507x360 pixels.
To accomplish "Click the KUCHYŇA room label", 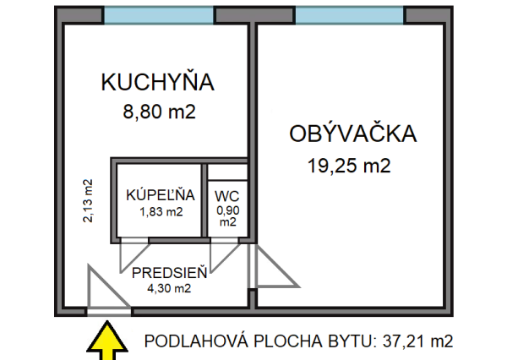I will click(158, 83).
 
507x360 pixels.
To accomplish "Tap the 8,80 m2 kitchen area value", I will click(158, 111).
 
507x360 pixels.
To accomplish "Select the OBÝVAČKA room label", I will click(353, 134).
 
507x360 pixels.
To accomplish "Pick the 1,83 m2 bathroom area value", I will click(161, 211).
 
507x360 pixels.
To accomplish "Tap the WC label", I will click(226, 197).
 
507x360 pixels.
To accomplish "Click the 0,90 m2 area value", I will click(227, 216).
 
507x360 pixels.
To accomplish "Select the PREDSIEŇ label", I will click(171, 273).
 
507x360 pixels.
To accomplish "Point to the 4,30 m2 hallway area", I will click(171, 288).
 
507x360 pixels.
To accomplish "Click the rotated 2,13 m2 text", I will click(87, 200).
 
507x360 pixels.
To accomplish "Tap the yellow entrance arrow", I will click(108, 340).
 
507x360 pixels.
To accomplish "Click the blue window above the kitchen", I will click(158, 15).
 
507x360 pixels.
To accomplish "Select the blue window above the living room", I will click(349, 15).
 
